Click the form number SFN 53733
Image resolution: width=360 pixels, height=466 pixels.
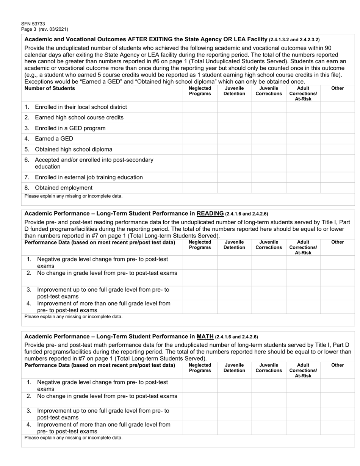pyautogui.click(x=33, y=24)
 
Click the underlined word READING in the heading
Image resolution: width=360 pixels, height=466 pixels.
pyautogui.click(x=210, y=214)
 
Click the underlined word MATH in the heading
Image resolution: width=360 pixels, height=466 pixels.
pyautogui.click(x=205, y=336)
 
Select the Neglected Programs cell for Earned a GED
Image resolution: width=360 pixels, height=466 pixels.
pyautogui.click(x=200, y=139)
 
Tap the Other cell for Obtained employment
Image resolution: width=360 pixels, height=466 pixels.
pyautogui.click(x=337, y=188)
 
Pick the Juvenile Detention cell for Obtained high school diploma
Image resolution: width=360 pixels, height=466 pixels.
pyautogui.click(x=234, y=149)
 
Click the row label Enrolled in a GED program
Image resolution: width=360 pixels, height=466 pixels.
pyautogui.click(x=70, y=128)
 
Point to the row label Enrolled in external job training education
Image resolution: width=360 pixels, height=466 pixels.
pyautogui.click(x=89, y=177)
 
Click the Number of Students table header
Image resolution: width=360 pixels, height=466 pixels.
pyautogui.click(x=50, y=88)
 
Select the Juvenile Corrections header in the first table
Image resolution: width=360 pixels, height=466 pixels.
pyautogui.click(x=269, y=91)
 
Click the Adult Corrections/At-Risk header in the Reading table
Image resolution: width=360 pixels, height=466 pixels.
pyautogui.click(x=303, y=247)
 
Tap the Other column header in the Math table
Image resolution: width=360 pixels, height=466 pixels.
pyautogui.click(x=337, y=365)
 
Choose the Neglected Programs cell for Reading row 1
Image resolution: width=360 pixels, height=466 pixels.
pyautogui.click(x=200, y=263)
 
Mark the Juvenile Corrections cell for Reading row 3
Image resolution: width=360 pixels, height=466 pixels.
pyautogui.click(x=269, y=293)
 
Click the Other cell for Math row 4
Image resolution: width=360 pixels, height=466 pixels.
pyautogui.click(x=337, y=428)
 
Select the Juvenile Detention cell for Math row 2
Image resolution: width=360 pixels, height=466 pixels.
pyautogui.click(x=234, y=400)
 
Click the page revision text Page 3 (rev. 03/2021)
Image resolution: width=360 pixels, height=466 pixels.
pyautogui.click(x=45, y=29)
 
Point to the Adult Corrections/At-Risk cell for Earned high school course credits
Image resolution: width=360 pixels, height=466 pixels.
pyautogui.click(x=303, y=117)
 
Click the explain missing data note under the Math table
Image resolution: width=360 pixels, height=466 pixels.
pyautogui.click(x=74, y=438)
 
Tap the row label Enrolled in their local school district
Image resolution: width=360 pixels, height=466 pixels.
pyautogui.click(x=81, y=107)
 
